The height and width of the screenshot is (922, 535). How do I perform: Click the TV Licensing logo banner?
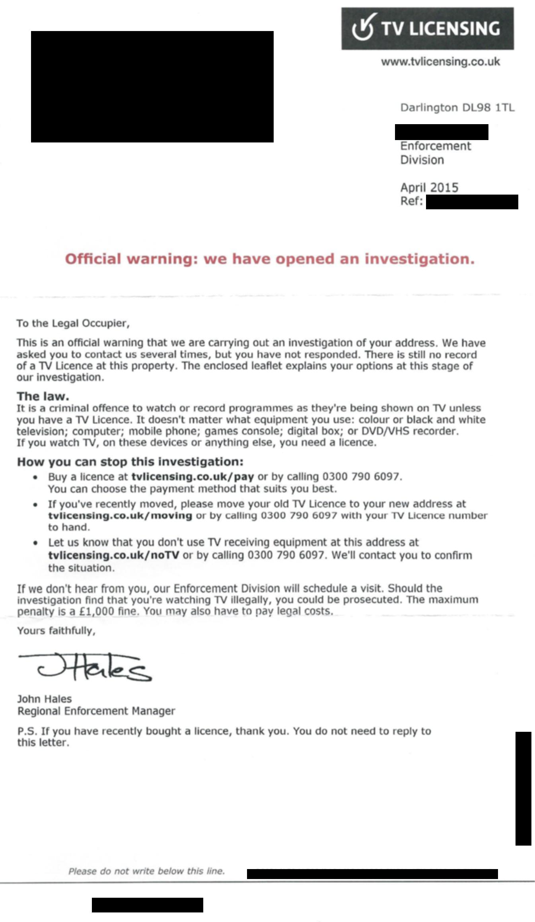click(x=427, y=29)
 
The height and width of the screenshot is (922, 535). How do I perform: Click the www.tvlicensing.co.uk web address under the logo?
click(x=440, y=62)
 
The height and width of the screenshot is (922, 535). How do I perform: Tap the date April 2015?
click(x=429, y=187)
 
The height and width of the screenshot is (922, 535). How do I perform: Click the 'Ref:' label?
click(x=411, y=201)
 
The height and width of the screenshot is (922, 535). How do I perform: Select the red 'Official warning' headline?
click(x=270, y=259)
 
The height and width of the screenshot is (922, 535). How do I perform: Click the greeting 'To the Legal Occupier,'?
click(x=73, y=323)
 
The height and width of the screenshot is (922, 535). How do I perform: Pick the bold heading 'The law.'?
click(x=43, y=396)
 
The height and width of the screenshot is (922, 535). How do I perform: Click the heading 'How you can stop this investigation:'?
click(x=130, y=462)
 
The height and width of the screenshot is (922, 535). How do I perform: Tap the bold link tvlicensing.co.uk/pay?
click(x=193, y=477)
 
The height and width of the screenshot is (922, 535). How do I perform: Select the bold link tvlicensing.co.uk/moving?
click(x=120, y=516)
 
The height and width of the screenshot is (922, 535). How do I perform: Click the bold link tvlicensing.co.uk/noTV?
click(x=114, y=555)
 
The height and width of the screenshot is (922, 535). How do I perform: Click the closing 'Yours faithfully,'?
click(x=56, y=631)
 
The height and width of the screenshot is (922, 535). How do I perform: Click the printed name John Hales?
click(x=45, y=699)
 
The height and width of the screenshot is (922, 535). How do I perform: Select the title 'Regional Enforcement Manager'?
click(x=96, y=711)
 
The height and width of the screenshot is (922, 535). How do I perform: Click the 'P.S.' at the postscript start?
click(x=27, y=731)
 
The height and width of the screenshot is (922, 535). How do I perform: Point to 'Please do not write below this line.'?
click(x=146, y=871)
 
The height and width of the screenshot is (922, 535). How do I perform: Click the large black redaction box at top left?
click(x=152, y=86)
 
